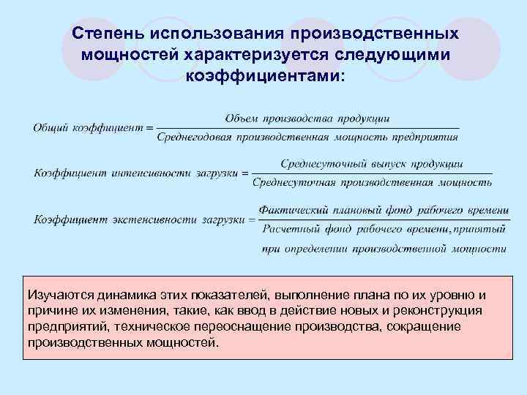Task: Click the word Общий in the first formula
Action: [49, 127]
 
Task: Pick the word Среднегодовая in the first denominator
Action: [193, 136]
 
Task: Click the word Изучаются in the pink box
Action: [56, 296]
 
